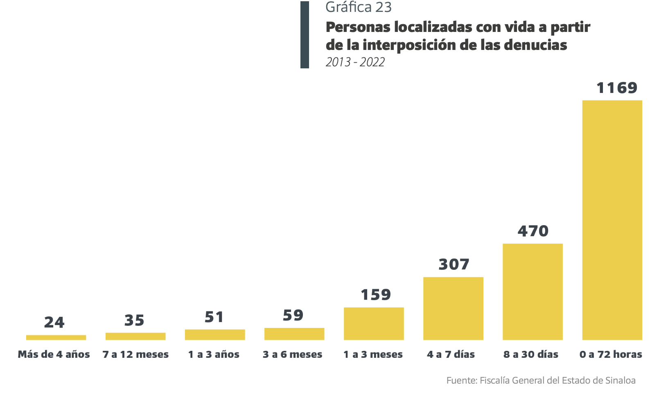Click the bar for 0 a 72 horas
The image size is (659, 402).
612,220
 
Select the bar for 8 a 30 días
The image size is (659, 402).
533,291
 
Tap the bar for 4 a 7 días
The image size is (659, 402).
453,308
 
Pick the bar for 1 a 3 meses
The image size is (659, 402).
374,323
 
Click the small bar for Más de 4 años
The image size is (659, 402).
56,337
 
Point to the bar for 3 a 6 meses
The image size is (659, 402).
294,334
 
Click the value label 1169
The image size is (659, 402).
617,88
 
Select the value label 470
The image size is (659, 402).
533,231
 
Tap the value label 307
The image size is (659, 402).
454,264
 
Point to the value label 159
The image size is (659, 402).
376,295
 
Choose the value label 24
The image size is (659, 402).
54,323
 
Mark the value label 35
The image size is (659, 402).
135,321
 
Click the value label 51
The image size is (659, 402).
214,317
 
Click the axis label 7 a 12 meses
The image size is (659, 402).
135,355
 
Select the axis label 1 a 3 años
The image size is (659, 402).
214,355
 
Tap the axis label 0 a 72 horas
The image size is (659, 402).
611,355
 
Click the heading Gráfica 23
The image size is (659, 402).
359,7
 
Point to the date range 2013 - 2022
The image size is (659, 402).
355,62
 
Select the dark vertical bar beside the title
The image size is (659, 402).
305,35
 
